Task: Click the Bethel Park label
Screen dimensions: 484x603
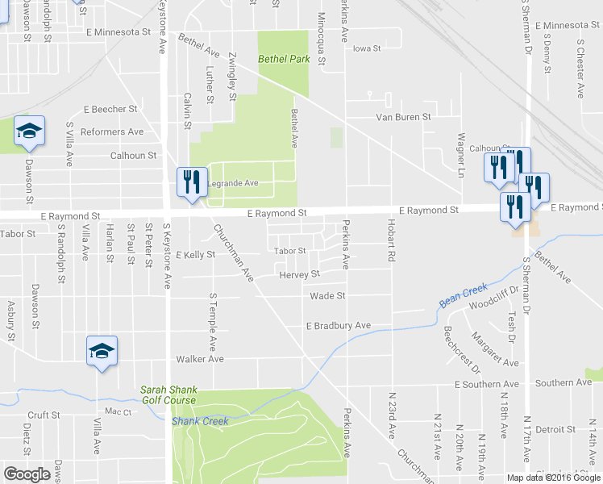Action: click(x=284, y=60)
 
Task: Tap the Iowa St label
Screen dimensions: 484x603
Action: click(x=366, y=48)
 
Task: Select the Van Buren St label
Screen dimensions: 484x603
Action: click(x=404, y=117)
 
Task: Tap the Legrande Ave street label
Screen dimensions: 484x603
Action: click(x=233, y=183)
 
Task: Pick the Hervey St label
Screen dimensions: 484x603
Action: click(x=299, y=275)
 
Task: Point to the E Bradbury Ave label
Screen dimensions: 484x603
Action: click(x=338, y=326)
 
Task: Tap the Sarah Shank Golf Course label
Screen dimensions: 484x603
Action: click(x=168, y=394)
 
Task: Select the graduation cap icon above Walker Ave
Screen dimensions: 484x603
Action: click(x=102, y=350)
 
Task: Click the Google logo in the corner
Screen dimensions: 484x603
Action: click(x=27, y=474)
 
